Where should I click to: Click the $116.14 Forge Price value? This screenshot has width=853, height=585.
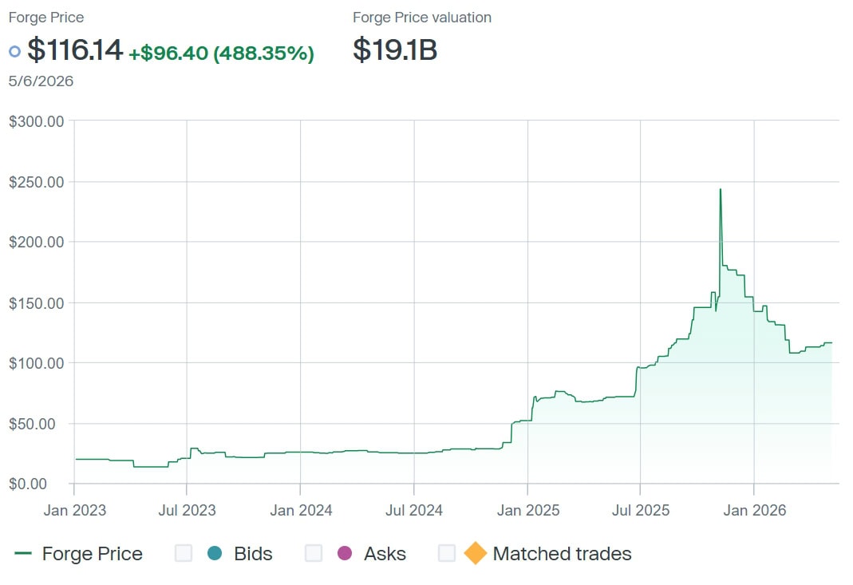click(75, 49)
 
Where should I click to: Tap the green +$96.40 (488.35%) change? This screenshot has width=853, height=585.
click(221, 53)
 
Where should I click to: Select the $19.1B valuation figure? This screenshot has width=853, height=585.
click(395, 49)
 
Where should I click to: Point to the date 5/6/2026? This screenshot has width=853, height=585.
click(41, 81)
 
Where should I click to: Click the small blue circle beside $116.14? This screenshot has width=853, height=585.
click(14, 52)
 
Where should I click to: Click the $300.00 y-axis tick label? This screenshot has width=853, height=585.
click(37, 121)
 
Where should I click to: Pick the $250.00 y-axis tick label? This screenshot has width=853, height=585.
click(37, 182)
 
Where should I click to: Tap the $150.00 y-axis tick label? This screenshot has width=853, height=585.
click(37, 303)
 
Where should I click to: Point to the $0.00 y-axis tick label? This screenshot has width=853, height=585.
click(28, 484)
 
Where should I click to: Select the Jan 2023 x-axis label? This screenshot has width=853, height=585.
click(74, 511)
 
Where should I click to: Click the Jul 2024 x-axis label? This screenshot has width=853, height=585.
click(414, 511)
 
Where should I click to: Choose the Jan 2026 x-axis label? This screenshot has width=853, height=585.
click(755, 511)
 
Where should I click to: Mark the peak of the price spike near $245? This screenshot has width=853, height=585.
click(721, 189)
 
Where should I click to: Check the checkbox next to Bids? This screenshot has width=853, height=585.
click(184, 553)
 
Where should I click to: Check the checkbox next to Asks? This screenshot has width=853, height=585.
click(314, 553)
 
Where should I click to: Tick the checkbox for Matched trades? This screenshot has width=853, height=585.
click(447, 553)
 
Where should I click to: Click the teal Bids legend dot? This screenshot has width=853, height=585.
click(215, 553)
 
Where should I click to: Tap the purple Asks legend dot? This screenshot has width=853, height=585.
click(345, 553)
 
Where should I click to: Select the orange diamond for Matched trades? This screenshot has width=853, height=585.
click(476, 553)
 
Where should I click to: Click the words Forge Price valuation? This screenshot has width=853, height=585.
click(422, 18)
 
